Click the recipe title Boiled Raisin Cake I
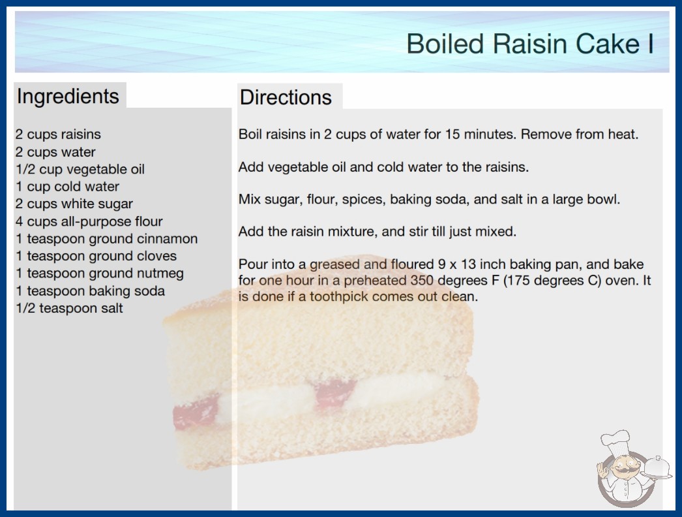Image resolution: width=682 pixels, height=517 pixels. tap(530, 44)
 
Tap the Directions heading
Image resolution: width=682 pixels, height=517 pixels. tap(286, 97)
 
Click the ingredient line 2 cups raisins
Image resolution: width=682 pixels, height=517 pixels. tap(58, 134)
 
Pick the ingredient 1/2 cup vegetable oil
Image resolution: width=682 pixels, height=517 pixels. tap(80, 169)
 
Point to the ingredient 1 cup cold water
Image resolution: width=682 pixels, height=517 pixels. tap(67, 187)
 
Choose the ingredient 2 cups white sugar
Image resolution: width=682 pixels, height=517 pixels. tap(74, 204)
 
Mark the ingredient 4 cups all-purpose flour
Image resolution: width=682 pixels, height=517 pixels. tap(89, 221)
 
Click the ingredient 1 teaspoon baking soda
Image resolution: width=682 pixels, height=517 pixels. tap(91, 291)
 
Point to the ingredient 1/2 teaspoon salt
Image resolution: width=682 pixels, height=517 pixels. tap(70, 308)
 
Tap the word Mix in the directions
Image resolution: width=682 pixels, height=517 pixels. tap(249, 200)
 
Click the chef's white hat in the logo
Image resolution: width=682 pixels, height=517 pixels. tap(615, 441)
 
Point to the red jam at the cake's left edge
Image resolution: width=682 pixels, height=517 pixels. tap(196, 412)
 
